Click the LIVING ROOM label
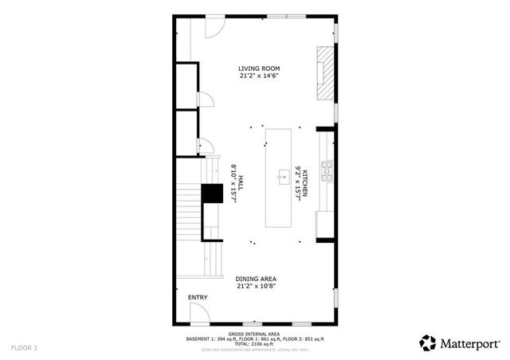(x=259, y=68)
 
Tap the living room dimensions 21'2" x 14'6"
(x=259, y=77)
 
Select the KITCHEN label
(x=305, y=182)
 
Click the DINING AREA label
(x=256, y=279)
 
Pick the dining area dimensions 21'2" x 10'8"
(x=256, y=287)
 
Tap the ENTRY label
(x=198, y=298)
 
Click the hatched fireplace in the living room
(x=325, y=73)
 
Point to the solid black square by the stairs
(x=212, y=194)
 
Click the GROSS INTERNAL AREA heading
(x=254, y=334)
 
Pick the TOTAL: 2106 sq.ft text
(x=254, y=344)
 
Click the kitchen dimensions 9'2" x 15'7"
(x=296, y=182)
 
